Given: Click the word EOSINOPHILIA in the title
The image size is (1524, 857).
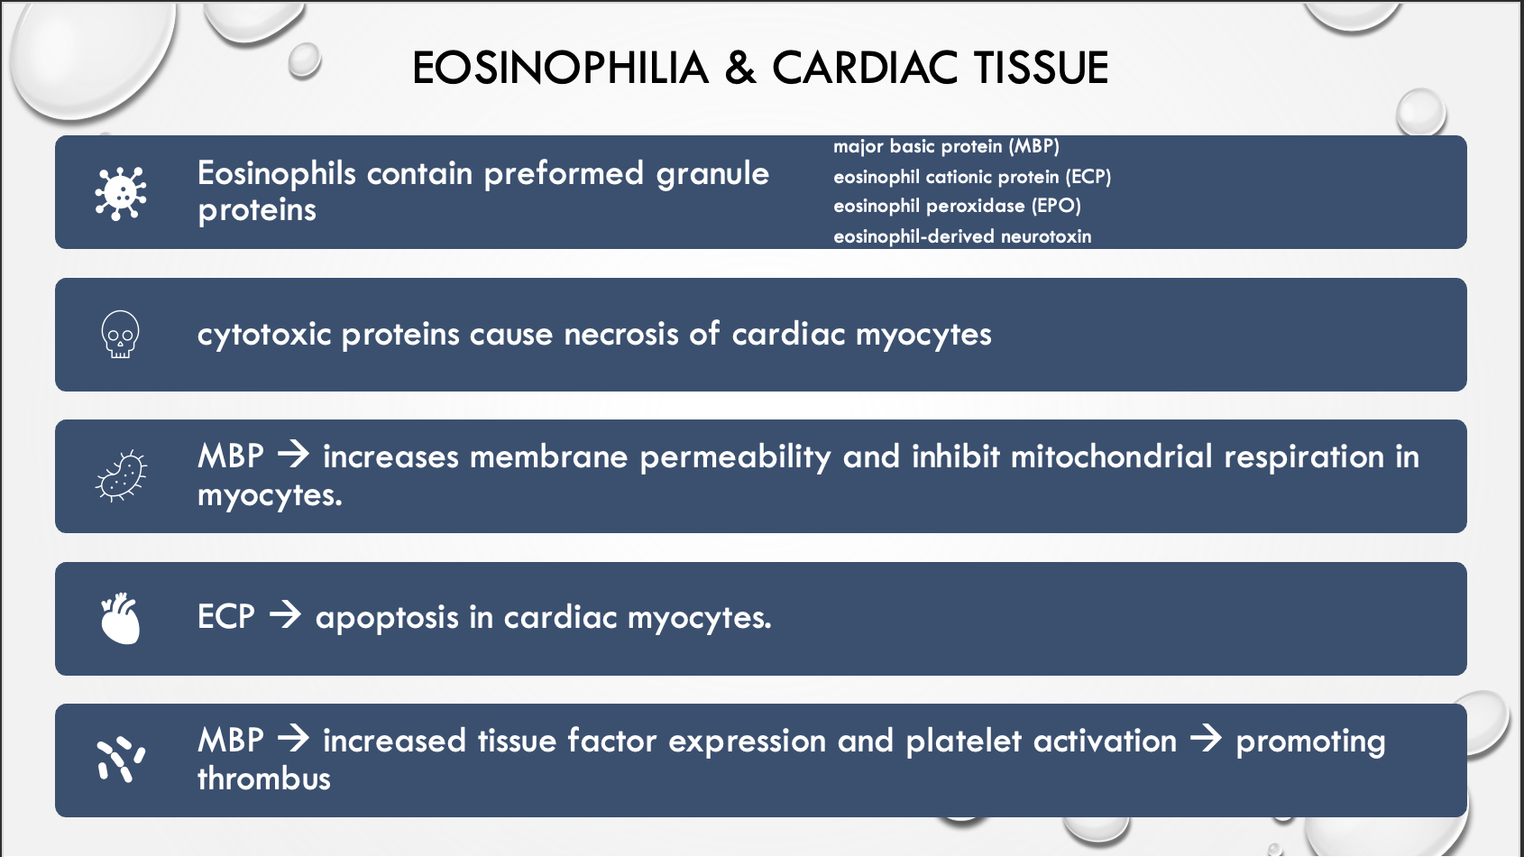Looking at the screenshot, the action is pos(561,68).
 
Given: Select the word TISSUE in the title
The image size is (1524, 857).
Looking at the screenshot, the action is pos(1041,68).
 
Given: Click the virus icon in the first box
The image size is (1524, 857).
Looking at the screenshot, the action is pos(121,193).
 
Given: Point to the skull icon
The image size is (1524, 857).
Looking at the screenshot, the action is pos(121,334).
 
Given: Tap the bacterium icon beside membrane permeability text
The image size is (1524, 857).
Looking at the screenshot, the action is pos(121,475).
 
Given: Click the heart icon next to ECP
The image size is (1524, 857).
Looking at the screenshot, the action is pos(121,618).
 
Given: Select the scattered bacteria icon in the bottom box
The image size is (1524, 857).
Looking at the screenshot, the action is pos(121,760).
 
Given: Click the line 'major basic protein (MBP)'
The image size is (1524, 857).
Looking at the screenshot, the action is pos(946,147).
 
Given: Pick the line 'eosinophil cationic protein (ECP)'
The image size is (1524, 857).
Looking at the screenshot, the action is pos(971,177).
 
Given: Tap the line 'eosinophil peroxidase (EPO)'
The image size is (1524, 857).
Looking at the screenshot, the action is pos(957,207).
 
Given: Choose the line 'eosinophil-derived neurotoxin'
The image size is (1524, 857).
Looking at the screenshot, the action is pos(962,236).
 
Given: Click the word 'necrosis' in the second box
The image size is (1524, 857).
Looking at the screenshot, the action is pos(621,334).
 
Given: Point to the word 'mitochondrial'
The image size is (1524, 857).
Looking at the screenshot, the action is pos(1112,456).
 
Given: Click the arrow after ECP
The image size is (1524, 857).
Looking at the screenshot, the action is pos(284,616).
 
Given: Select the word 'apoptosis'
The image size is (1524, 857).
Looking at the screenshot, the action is pos(387,618).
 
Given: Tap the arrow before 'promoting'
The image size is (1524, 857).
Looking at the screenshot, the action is pos(1206,739).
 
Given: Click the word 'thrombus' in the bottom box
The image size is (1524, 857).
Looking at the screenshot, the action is pos(264,778).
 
